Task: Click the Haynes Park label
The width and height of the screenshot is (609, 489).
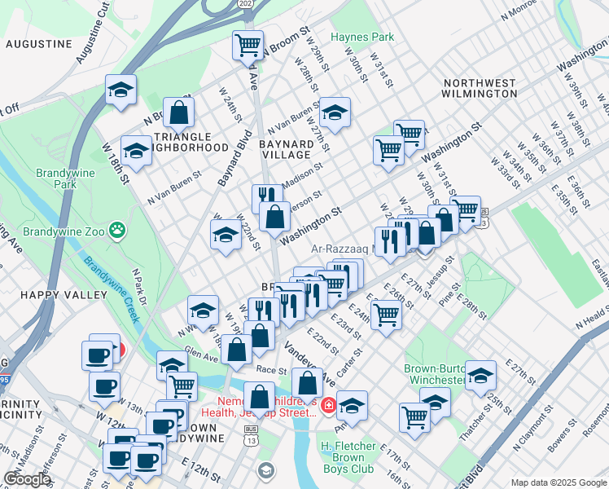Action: coord(362,37)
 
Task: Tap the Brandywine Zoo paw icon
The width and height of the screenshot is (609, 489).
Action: coord(119,231)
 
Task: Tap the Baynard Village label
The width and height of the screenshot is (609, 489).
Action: coord(285,149)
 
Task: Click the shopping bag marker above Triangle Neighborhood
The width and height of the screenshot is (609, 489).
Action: coord(178,112)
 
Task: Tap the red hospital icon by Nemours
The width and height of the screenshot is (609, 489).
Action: coord(327,405)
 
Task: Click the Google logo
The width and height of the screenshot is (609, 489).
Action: coord(27,479)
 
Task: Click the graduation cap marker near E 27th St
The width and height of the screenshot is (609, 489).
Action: coord(480,375)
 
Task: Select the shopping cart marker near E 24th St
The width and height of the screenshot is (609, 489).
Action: coord(386,313)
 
